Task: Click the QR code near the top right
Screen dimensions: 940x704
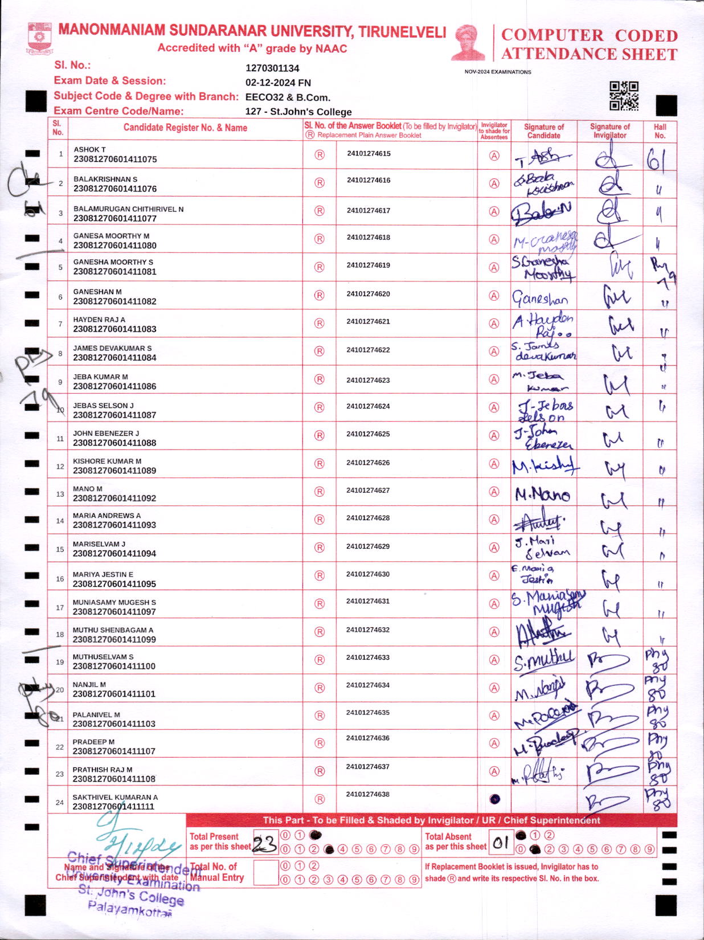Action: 624,96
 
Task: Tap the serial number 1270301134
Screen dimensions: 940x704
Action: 272,68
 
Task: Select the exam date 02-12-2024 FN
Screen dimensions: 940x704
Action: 278,83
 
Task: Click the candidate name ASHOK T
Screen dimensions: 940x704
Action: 89,149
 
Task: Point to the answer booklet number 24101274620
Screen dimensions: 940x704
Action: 368,294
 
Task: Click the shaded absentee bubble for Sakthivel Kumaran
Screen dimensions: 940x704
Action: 494,799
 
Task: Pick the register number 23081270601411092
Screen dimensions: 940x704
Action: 114,498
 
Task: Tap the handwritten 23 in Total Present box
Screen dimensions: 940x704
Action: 264,844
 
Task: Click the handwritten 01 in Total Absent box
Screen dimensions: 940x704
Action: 501,843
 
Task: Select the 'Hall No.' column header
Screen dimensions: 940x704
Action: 660,131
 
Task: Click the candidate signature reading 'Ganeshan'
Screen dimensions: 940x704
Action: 539,298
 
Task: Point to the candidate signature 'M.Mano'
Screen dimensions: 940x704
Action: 542,494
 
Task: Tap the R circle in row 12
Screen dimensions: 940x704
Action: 320,464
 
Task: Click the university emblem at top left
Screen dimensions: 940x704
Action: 39,38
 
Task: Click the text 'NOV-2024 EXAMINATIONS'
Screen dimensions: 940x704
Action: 497,72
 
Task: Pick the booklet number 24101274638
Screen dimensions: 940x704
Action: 368,794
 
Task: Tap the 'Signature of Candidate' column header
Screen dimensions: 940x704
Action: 543,131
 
